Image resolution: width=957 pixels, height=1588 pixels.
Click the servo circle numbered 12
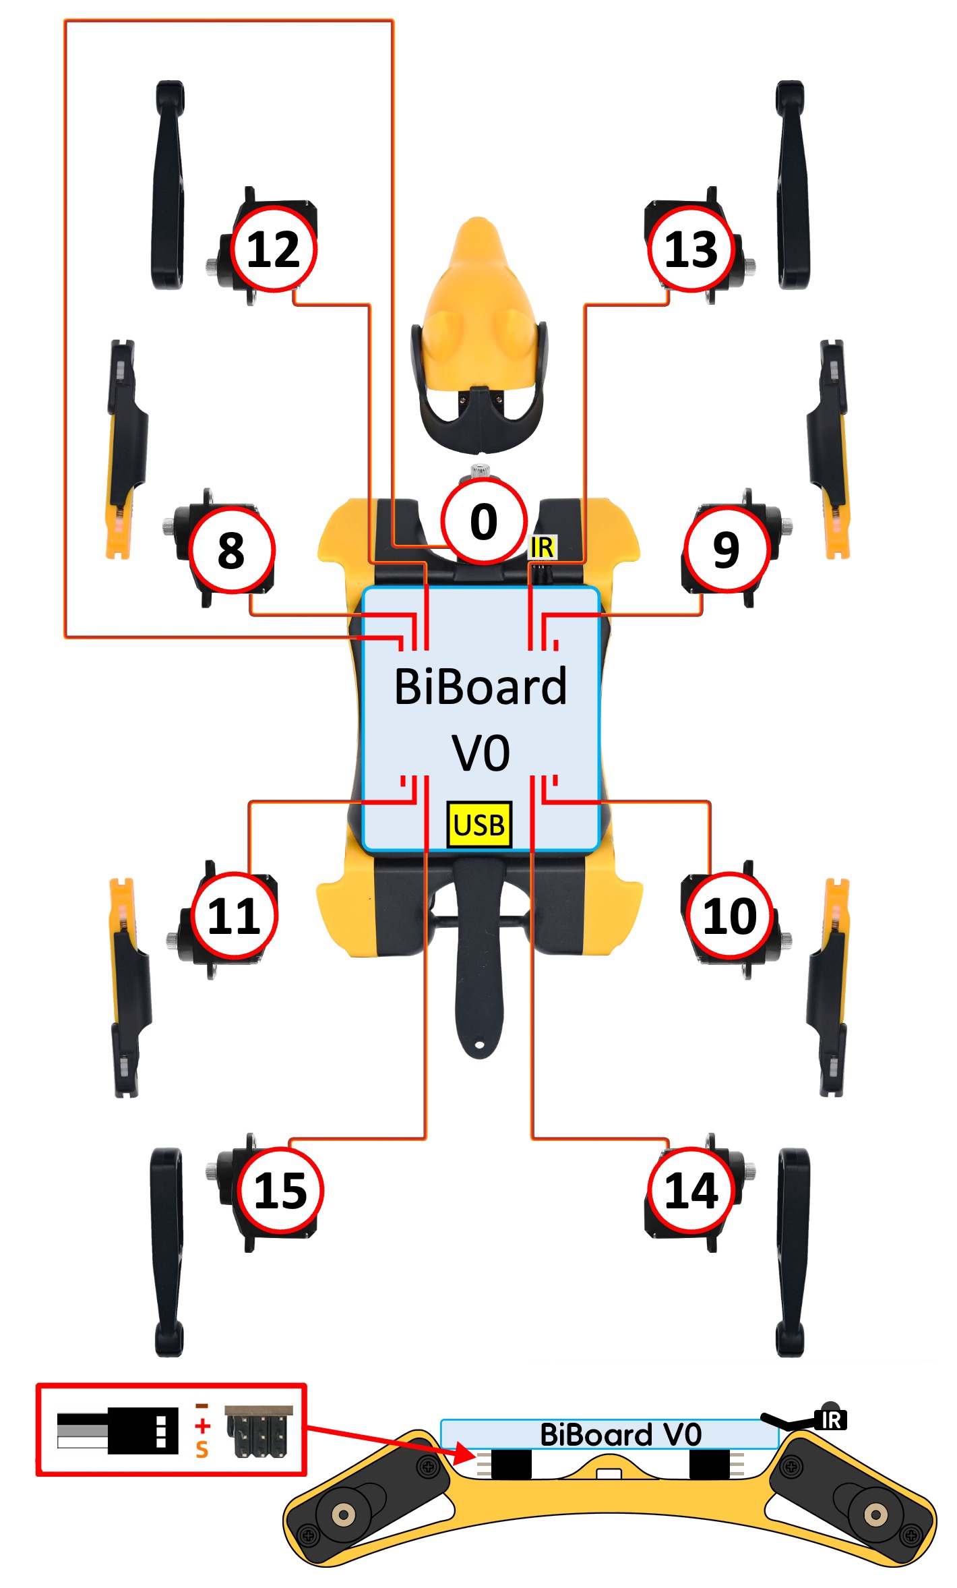[274, 249]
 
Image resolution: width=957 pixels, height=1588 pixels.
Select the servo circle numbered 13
[691, 249]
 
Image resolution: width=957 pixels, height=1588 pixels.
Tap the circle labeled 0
[483, 521]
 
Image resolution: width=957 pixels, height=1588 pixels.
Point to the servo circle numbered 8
[231, 550]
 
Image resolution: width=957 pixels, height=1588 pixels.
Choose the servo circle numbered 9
[726, 549]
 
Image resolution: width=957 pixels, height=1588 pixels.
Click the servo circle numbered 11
[234, 916]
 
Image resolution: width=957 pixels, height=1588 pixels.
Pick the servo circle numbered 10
[730, 916]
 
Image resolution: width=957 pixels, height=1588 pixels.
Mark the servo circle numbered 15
[280, 1190]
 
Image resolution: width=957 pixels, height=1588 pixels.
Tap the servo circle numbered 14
[691, 1190]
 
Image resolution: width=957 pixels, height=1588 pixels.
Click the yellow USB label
[479, 825]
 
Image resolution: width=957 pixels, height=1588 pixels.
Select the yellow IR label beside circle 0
[543, 547]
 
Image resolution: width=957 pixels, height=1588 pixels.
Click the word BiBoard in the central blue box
[481, 686]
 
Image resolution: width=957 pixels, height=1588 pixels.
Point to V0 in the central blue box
[481, 752]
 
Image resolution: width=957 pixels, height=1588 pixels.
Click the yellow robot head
[478, 317]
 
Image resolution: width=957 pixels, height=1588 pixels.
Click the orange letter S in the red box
[202, 1449]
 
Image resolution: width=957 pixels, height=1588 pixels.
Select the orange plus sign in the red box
[202, 1425]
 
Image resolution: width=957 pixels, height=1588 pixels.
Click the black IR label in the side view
[832, 1420]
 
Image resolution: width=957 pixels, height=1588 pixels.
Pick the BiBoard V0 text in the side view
[620, 1434]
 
